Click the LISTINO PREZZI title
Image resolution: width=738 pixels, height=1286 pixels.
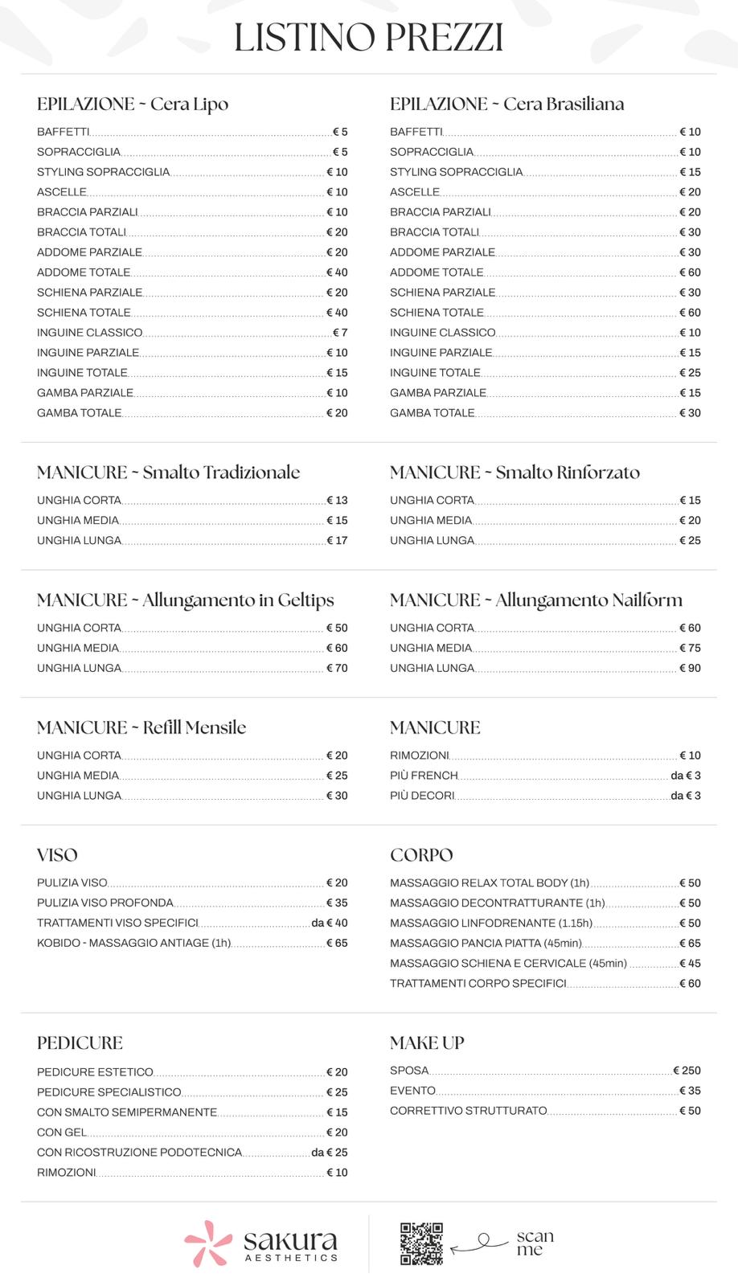click(x=368, y=38)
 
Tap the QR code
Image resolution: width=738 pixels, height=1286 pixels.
click(x=421, y=1243)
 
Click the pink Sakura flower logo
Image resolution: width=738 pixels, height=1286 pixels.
click(x=207, y=1243)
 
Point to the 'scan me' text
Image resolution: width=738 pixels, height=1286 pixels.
click(x=535, y=1243)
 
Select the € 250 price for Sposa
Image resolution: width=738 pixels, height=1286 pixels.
click(x=687, y=1071)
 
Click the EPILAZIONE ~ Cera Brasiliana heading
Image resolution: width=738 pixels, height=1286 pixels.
click(x=506, y=104)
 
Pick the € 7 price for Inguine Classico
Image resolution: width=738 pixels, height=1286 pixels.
click(x=340, y=333)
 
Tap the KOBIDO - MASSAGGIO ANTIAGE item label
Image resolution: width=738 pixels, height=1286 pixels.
click(x=133, y=943)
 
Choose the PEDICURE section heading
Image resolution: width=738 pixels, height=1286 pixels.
click(x=80, y=1042)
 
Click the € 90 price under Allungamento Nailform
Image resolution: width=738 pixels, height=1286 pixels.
click(x=690, y=668)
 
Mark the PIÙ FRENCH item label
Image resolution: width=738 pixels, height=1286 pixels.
click(x=424, y=776)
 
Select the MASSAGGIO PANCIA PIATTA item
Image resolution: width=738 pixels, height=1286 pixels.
click(x=486, y=943)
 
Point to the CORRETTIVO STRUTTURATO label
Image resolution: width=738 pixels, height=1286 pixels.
click(x=468, y=1111)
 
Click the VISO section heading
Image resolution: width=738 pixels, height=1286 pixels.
click(x=57, y=854)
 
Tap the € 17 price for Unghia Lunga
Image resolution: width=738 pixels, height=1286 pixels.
click(x=337, y=540)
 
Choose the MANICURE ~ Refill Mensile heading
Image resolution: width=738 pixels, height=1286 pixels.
click(x=141, y=727)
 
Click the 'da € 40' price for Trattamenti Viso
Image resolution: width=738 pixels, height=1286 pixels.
click(x=330, y=923)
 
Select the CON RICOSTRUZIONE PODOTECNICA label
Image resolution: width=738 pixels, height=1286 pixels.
click(x=139, y=1153)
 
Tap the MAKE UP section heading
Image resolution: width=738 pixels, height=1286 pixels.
click(x=427, y=1042)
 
